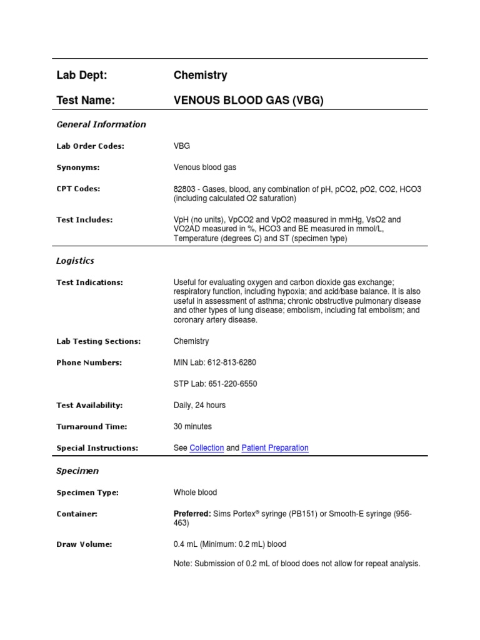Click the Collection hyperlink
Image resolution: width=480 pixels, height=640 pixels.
(x=206, y=447)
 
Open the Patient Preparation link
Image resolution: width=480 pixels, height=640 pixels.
(x=274, y=447)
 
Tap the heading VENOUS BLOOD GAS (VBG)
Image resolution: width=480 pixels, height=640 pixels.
(x=248, y=100)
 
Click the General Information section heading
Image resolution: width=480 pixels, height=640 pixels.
(x=101, y=124)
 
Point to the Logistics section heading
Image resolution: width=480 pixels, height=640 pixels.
(x=75, y=261)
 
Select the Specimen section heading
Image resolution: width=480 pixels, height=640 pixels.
(x=77, y=471)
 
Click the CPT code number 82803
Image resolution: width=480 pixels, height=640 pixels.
(x=184, y=189)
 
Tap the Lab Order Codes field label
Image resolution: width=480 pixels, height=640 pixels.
(x=90, y=146)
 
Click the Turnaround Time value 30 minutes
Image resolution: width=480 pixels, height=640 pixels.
(x=192, y=426)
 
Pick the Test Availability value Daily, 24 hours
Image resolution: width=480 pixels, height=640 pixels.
(x=199, y=405)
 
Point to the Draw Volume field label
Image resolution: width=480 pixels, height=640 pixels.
(x=84, y=544)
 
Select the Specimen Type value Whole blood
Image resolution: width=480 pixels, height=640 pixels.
(x=195, y=492)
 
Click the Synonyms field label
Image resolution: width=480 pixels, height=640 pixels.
(x=78, y=167)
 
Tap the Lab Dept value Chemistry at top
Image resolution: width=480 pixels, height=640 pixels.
(x=200, y=76)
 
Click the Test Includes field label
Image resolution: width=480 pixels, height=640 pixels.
(x=84, y=220)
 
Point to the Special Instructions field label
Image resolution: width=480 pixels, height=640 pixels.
(x=97, y=448)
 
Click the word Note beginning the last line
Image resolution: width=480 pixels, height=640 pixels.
(x=183, y=564)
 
